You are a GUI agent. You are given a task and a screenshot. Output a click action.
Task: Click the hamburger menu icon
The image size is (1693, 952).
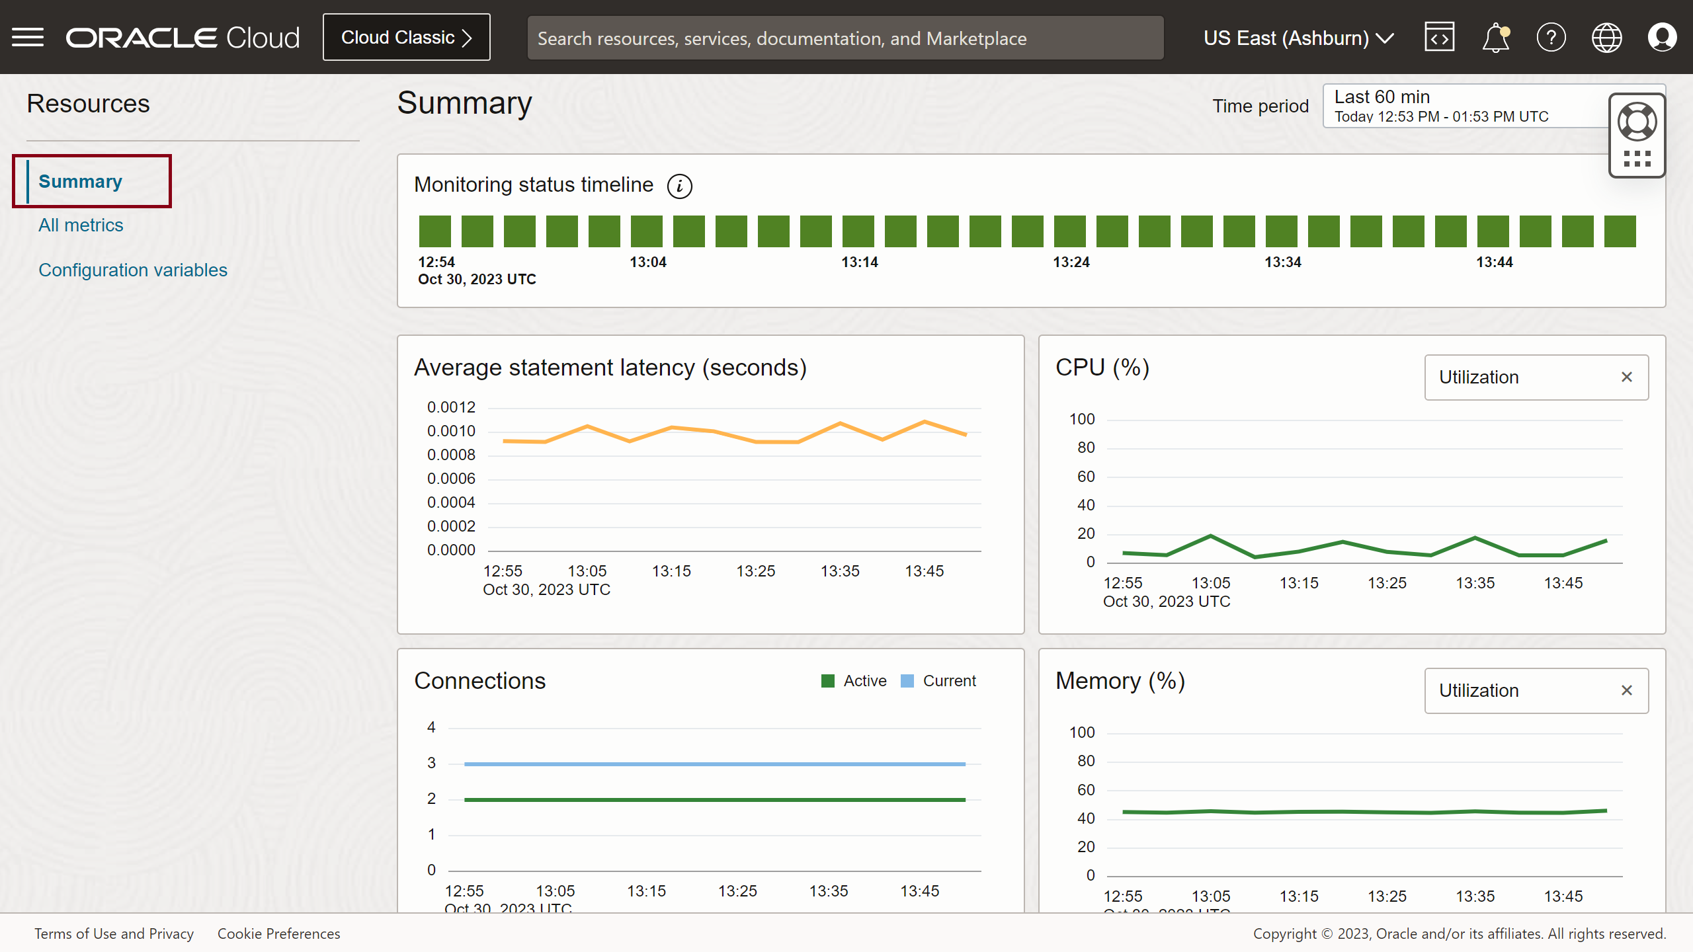pyautogui.click(x=28, y=38)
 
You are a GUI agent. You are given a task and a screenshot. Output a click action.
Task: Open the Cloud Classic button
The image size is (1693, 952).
pyautogui.click(x=406, y=38)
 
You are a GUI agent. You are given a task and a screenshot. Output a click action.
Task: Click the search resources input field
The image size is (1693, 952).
pyautogui.click(x=845, y=38)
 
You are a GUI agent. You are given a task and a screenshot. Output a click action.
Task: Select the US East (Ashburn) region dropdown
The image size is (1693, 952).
pyautogui.click(x=1298, y=38)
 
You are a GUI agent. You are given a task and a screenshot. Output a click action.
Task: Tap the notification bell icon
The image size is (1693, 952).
pyautogui.click(x=1495, y=38)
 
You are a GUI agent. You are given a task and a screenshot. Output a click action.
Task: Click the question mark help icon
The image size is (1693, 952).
pyautogui.click(x=1551, y=38)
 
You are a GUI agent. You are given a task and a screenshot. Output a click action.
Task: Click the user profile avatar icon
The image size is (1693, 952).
pyautogui.click(x=1661, y=38)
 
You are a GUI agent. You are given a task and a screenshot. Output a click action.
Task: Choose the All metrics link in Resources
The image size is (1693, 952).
pyautogui.click(x=81, y=225)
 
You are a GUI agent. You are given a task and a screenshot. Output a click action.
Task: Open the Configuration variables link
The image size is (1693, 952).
pyautogui.click(x=132, y=270)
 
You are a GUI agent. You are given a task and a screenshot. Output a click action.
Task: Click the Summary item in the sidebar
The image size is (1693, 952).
pyautogui.click(x=81, y=182)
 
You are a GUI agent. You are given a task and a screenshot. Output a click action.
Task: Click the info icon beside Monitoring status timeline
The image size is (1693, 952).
pyautogui.click(x=679, y=186)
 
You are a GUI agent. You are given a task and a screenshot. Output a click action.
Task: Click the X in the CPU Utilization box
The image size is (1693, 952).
pyautogui.click(x=1627, y=377)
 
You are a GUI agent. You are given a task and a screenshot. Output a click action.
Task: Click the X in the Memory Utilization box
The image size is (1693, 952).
pyautogui.click(x=1627, y=691)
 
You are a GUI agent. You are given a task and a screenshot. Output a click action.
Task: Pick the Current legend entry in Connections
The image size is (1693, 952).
pyautogui.click(x=938, y=681)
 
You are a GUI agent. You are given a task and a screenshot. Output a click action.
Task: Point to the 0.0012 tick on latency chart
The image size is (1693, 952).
pyautogui.click(x=451, y=407)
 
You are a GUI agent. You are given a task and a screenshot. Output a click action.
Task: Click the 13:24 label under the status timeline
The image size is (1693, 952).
pyautogui.click(x=1071, y=262)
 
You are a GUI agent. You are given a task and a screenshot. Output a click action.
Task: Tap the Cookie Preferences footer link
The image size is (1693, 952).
pyautogui.click(x=278, y=933)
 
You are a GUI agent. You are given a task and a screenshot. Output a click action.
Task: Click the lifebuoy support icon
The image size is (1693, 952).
pyautogui.click(x=1637, y=122)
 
